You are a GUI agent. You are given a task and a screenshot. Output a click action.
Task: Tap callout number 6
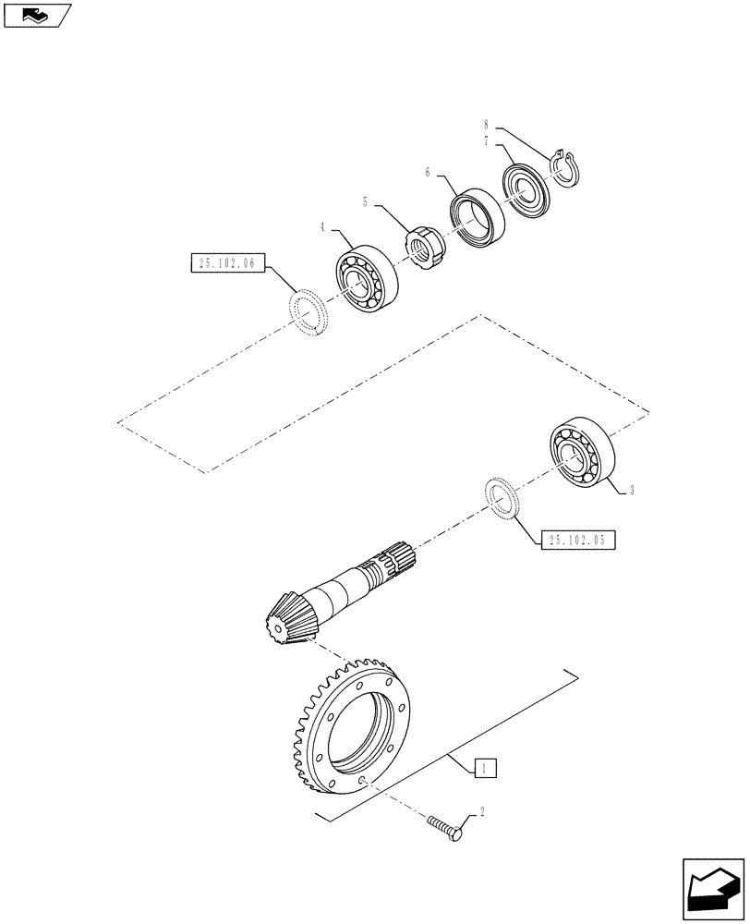coord(428,172)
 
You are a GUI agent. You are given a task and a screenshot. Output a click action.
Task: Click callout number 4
coord(322,226)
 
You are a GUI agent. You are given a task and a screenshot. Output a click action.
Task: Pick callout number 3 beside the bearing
coord(631,492)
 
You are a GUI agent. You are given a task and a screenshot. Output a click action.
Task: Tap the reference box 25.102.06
coord(225,263)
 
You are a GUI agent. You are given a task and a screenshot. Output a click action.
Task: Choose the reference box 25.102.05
coord(575,541)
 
